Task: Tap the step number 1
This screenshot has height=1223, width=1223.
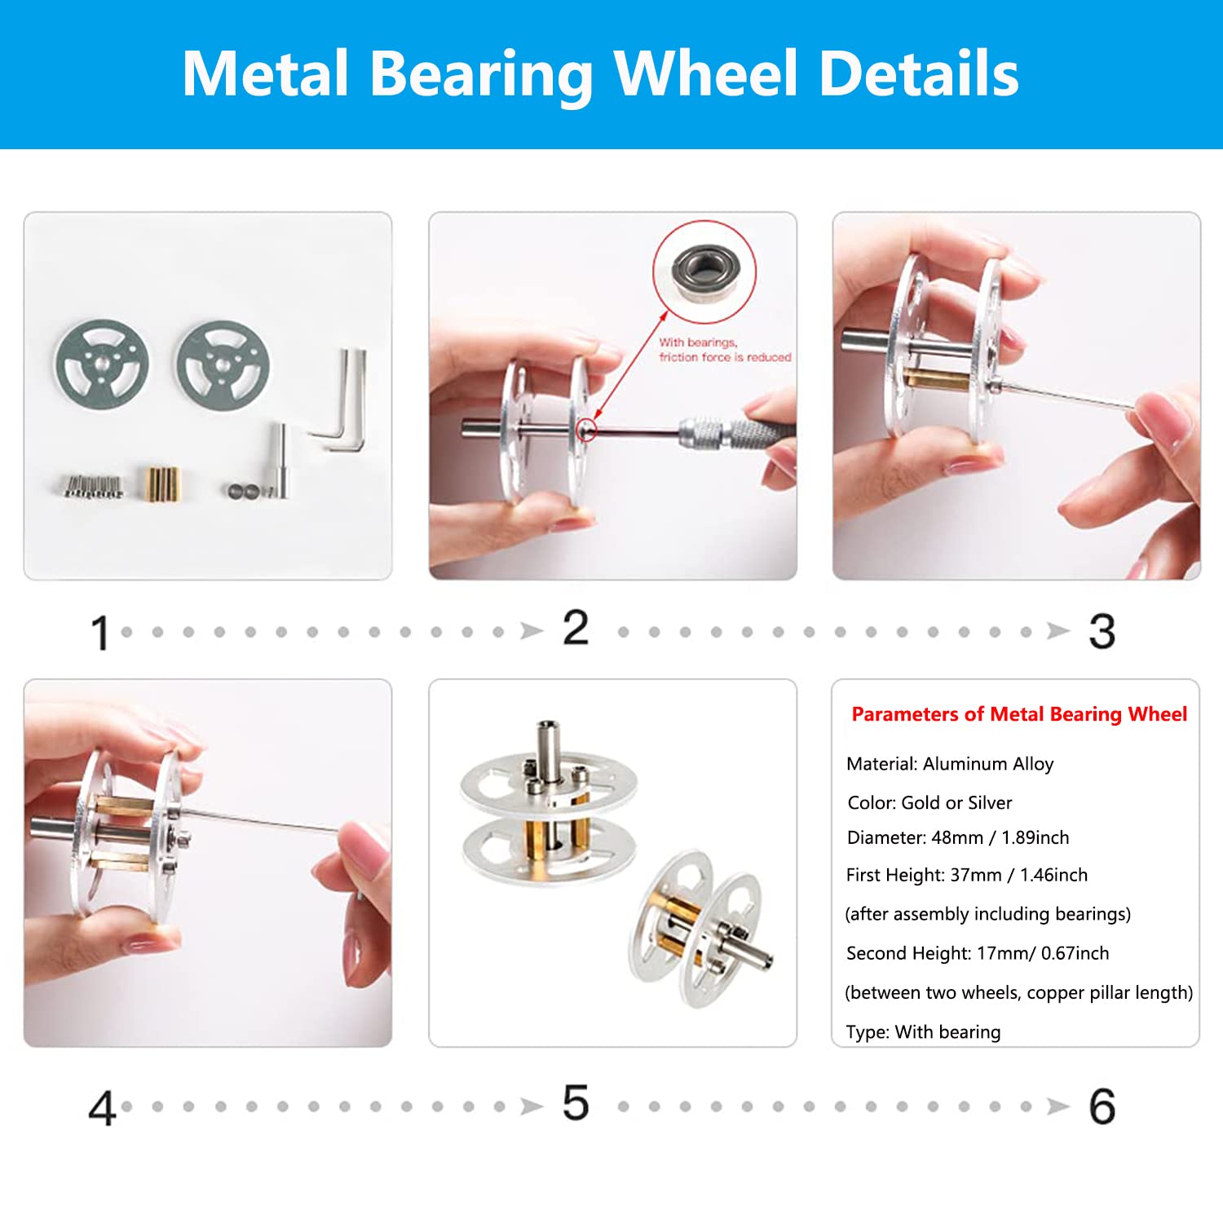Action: point(100,633)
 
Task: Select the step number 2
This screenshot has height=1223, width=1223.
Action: point(576,629)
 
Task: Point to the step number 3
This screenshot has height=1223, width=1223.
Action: point(1102,632)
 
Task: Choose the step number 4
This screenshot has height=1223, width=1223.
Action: point(102,1108)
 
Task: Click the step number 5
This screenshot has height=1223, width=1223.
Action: point(576,1103)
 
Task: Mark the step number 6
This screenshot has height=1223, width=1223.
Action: point(1102,1107)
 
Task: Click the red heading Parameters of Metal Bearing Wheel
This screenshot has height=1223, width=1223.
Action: point(1019,715)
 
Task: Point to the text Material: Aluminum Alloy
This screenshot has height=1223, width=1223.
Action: point(950,764)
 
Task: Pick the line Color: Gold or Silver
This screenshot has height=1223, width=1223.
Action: point(929,803)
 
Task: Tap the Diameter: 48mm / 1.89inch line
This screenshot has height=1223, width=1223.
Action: point(958,838)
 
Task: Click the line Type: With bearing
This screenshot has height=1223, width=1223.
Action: point(924,1032)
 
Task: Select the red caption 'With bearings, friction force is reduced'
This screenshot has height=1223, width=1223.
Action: point(725,350)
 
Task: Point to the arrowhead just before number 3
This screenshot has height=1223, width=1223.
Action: point(1058,631)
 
